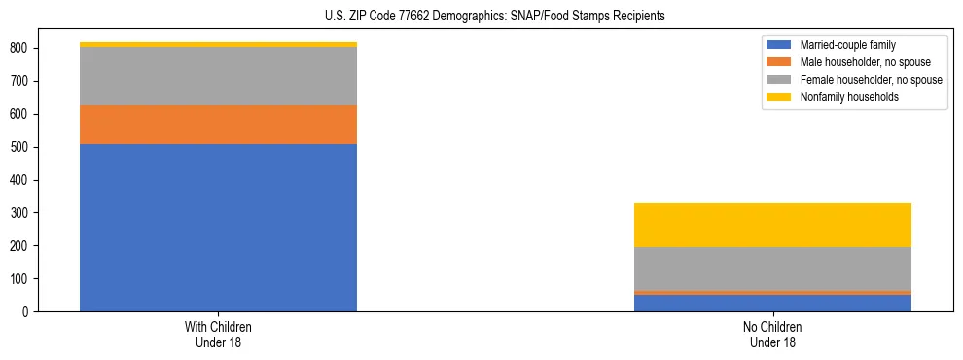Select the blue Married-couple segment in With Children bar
(x=218, y=228)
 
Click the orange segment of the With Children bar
(x=218, y=125)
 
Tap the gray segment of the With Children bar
(x=218, y=76)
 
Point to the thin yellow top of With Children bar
(x=218, y=44)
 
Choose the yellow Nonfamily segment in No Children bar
(x=772, y=225)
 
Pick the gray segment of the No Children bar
(x=772, y=269)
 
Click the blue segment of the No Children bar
(x=772, y=303)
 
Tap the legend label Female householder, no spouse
(x=871, y=80)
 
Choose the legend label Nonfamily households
(x=844, y=97)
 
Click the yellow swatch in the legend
(x=779, y=97)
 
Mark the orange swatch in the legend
(x=779, y=62)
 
